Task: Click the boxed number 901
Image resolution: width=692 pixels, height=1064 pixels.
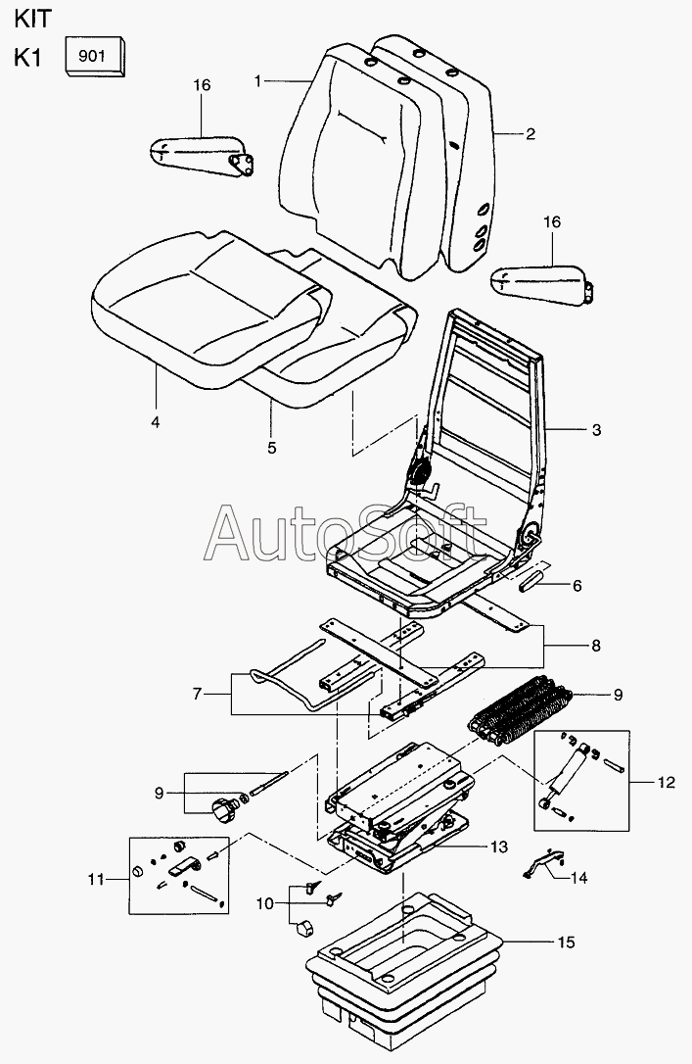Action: [93, 57]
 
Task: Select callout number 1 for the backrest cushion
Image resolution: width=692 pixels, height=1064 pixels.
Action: [258, 81]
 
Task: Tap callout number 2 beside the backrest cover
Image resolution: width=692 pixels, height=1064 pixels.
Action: [531, 134]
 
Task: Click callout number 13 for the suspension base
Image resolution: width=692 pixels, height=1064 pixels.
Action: [499, 846]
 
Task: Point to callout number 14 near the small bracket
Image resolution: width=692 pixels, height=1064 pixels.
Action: [580, 878]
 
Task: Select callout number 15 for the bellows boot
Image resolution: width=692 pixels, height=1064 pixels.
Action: [567, 943]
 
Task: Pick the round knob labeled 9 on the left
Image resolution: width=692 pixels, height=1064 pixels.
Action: [223, 809]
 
